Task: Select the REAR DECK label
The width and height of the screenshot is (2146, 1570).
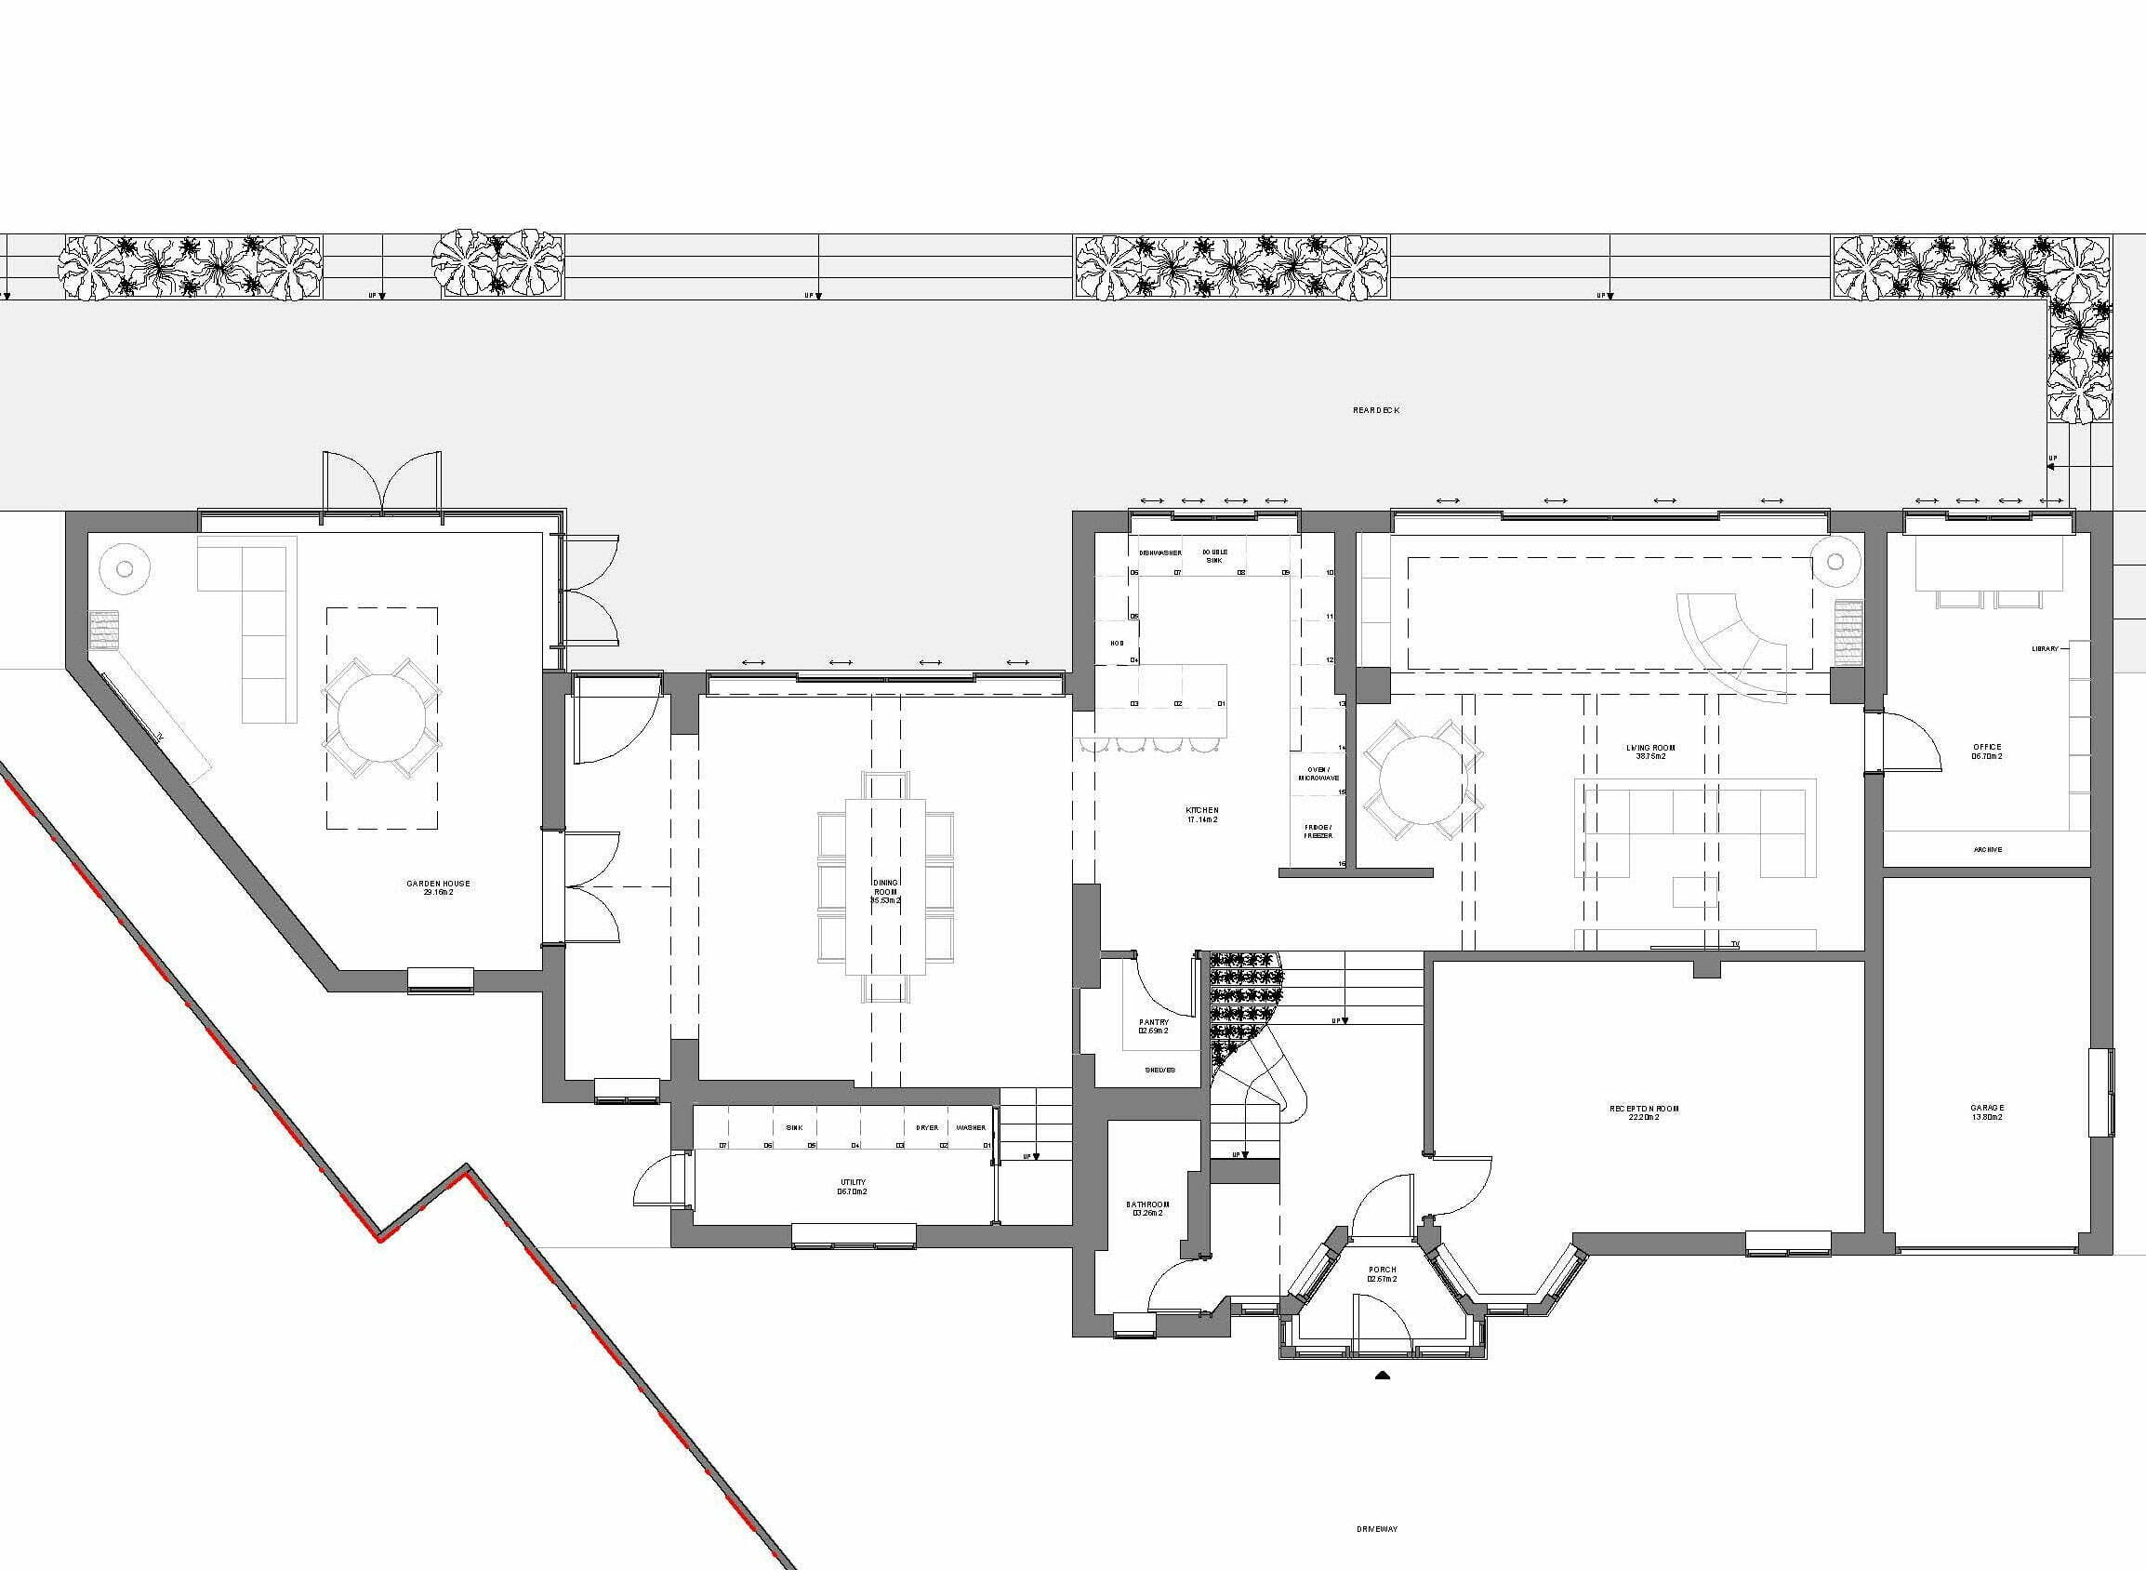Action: coord(1375,410)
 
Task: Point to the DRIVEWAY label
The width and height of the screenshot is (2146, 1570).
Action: coord(1376,1529)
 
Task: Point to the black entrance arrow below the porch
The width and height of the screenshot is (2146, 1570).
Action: coord(1384,1375)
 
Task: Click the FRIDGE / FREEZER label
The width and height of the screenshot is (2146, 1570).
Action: coord(1318,831)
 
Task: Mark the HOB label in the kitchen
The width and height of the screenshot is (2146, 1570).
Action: coord(1118,644)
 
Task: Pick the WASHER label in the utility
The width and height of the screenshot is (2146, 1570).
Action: coord(971,1128)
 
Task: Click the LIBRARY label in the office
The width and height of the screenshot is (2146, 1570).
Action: coord(2045,649)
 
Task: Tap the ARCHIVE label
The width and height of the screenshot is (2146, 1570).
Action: coord(1987,849)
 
